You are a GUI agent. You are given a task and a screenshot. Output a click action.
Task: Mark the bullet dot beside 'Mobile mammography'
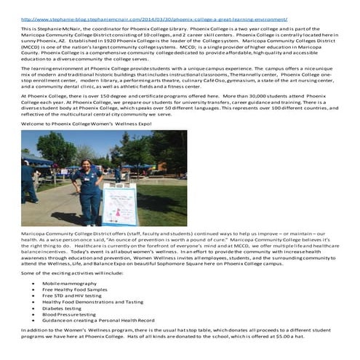pyautogui.click(x=34, y=282)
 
